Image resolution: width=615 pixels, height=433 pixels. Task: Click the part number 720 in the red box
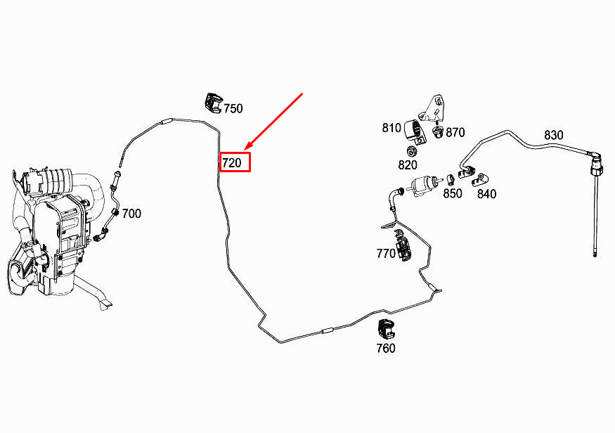pos(232,163)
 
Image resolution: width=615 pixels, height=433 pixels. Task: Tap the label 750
pos(233,108)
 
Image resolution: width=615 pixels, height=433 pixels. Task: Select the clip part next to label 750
pos(213,102)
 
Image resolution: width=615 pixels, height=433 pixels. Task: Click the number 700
pos(131,213)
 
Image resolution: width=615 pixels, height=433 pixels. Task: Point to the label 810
pos(391,128)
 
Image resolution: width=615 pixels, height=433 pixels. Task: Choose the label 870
pos(455,132)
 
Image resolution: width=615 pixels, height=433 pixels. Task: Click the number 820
pos(407,165)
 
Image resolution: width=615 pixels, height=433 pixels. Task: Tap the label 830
pos(554,135)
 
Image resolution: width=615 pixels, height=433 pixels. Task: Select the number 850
pos(453,193)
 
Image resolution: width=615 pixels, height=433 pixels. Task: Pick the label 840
pos(486,194)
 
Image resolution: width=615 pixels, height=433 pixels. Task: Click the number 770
pos(386,254)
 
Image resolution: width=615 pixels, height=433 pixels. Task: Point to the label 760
pos(386,348)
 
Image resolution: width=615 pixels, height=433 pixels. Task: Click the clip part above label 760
pos(387,328)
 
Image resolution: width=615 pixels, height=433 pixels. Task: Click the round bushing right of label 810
pos(415,129)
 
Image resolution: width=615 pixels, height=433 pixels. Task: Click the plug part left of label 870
pos(439,131)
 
